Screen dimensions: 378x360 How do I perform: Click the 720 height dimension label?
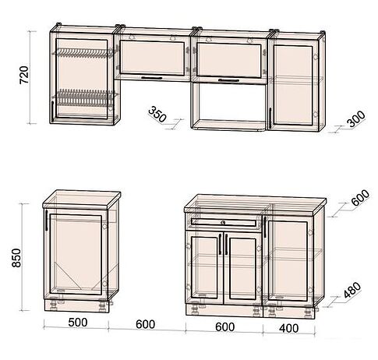25,75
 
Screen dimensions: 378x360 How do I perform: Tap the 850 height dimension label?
16,257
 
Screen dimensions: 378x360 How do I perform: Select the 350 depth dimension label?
157,115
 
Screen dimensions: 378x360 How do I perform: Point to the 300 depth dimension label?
356,119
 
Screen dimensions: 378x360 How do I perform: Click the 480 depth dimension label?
352,290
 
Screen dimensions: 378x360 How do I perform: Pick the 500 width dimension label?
78,323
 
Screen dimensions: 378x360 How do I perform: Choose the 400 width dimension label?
288,328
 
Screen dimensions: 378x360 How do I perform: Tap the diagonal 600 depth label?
360,198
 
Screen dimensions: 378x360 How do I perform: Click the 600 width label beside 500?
146,324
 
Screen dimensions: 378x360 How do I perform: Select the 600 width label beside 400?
225,327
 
